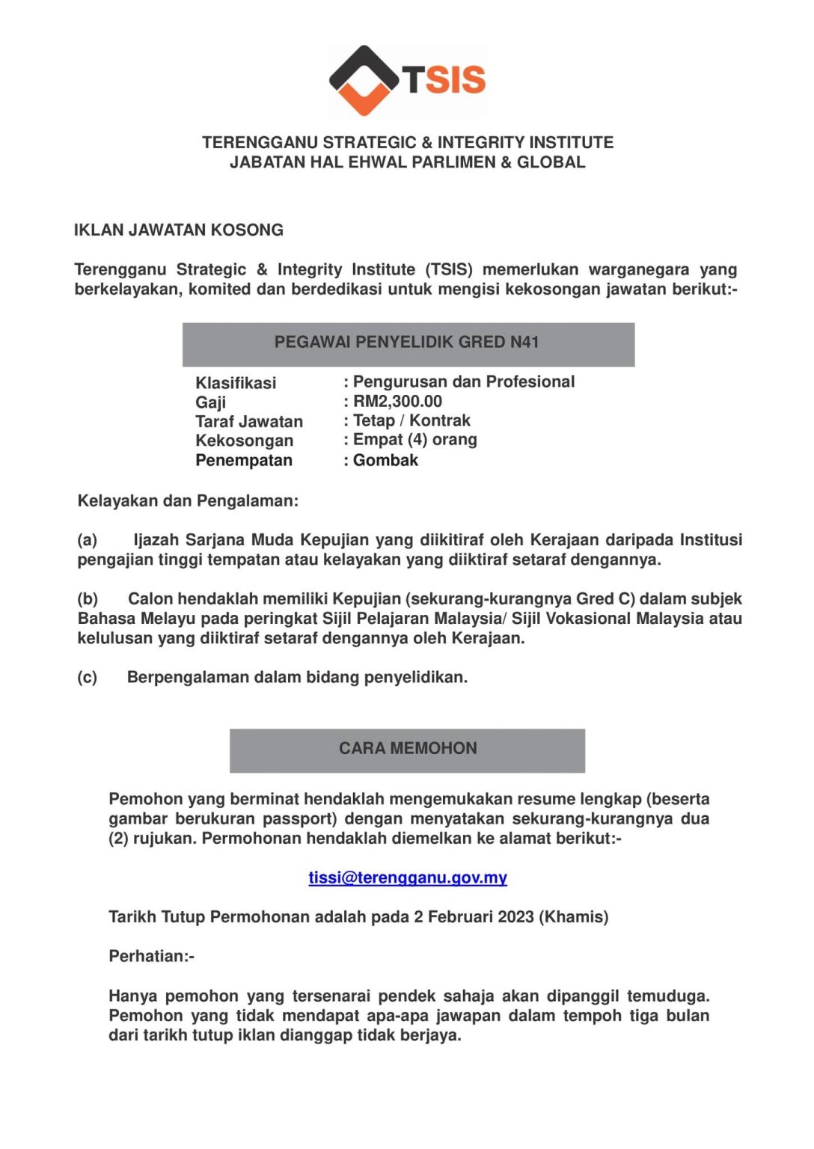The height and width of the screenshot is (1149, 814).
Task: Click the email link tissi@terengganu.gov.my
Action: (408, 877)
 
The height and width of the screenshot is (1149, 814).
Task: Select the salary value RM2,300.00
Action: (397, 402)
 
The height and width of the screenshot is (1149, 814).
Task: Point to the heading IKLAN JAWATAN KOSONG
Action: (179, 230)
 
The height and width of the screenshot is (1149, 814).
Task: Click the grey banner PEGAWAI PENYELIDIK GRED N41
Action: (408, 344)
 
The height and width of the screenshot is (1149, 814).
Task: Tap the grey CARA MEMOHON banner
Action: (407, 750)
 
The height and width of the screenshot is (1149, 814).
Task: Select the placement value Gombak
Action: (385, 460)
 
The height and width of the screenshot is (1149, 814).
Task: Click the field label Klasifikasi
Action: (236, 383)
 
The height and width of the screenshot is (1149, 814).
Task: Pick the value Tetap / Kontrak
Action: (411, 420)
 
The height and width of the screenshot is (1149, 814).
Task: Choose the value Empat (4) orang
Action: (414, 440)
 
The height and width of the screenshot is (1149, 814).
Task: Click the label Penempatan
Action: (244, 460)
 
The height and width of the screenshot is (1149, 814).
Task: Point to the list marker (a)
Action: (88, 540)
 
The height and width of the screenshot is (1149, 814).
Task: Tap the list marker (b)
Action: (88, 599)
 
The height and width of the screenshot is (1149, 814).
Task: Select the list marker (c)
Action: (88, 678)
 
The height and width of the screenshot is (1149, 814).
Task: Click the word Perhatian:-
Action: (151, 956)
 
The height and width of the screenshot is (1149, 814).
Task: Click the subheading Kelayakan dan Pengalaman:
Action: (188, 501)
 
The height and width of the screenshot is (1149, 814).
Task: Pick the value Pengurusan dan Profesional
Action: (464, 382)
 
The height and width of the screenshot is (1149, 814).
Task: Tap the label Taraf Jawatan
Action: (249, 422)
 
